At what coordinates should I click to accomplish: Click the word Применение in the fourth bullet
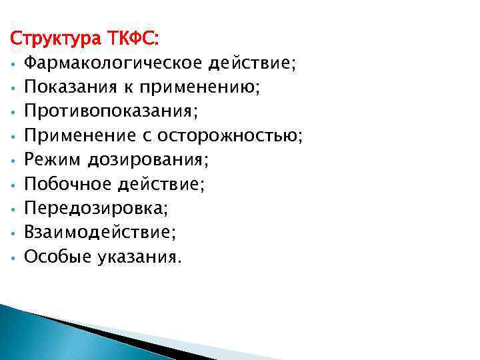79,137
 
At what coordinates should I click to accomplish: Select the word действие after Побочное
163,185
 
